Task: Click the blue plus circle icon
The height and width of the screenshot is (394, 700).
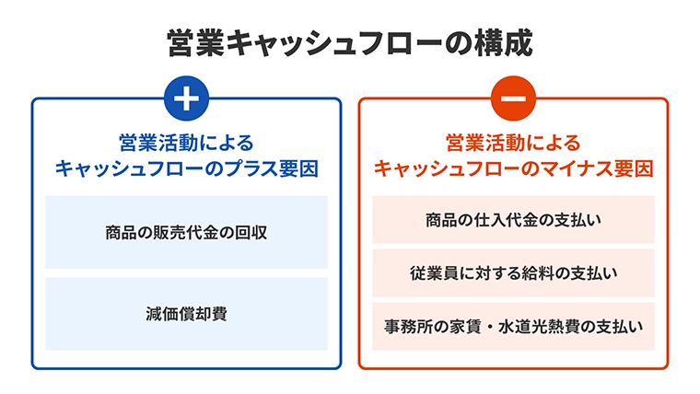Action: [x=186, y=98]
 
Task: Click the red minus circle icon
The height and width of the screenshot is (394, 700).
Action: [x=513, y=98]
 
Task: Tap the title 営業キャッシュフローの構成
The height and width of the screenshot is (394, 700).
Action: [x=350, y=43]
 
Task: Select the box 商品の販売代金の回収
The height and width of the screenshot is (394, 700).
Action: [x=186, y=232]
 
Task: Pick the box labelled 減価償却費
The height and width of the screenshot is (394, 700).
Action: [x=186, y=314]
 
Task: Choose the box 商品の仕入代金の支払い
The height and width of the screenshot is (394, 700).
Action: [x=513, y=219]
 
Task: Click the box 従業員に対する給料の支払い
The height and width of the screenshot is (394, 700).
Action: [x=513, y=273]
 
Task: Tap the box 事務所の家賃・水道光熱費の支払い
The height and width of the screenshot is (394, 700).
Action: [x=513, y=326]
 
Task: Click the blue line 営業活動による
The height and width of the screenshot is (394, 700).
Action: [x=186, y=143]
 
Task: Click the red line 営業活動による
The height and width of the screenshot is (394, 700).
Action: [x=513, y=143]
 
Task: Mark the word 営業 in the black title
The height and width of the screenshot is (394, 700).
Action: [x=196, y=43]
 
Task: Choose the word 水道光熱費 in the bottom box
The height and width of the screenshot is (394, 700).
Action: [x=540, y=327]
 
